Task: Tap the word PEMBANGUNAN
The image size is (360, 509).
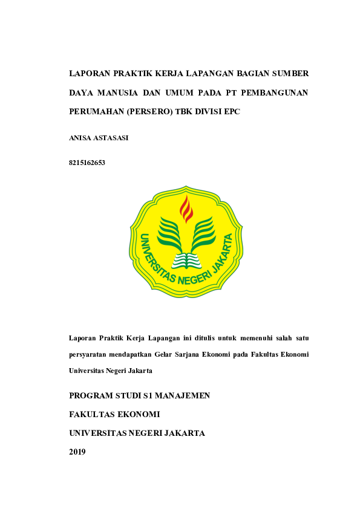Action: (275, 93)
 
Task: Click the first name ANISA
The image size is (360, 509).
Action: (80, 138)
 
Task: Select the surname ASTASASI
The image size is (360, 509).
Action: (111, 138)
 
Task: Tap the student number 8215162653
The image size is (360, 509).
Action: (88, 162)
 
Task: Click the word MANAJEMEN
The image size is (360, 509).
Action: (181, 396)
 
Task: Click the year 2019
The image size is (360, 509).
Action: (77, 452)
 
